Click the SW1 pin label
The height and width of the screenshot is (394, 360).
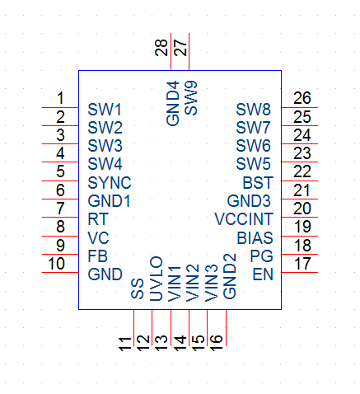(x=105, y=110)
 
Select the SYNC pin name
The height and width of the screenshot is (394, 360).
(x=110, y=183)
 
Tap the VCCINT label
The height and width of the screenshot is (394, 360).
(x=244, y=219)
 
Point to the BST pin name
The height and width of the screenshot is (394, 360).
(x=258, y=183)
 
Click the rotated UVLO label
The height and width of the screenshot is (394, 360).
(x=157, y=279)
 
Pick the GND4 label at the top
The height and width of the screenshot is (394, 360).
(x=173, y=103)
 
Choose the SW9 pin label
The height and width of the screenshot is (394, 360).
(x=191, y=98)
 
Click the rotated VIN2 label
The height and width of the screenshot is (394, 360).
(x=193, y=283)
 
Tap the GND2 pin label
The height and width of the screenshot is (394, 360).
(x=230, y=276)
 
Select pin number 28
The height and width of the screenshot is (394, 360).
(x=161, y=48)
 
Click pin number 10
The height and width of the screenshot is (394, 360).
(x=57, y=264)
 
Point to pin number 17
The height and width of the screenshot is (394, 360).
(x=302, y=264)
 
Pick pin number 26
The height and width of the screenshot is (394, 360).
(x=302, y=98)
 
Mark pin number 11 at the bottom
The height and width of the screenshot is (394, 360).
(x=125, y=345)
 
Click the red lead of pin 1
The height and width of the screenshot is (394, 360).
(x=60, y=107)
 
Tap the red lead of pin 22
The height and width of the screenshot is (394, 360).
(x=300, y=181)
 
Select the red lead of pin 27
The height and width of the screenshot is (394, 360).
(x=189, y=52)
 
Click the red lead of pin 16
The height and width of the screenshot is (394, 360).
(x=226, y=327)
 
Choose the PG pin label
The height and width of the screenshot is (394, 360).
(x=262, y=256)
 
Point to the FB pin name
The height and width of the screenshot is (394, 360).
(x=98, y=256)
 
